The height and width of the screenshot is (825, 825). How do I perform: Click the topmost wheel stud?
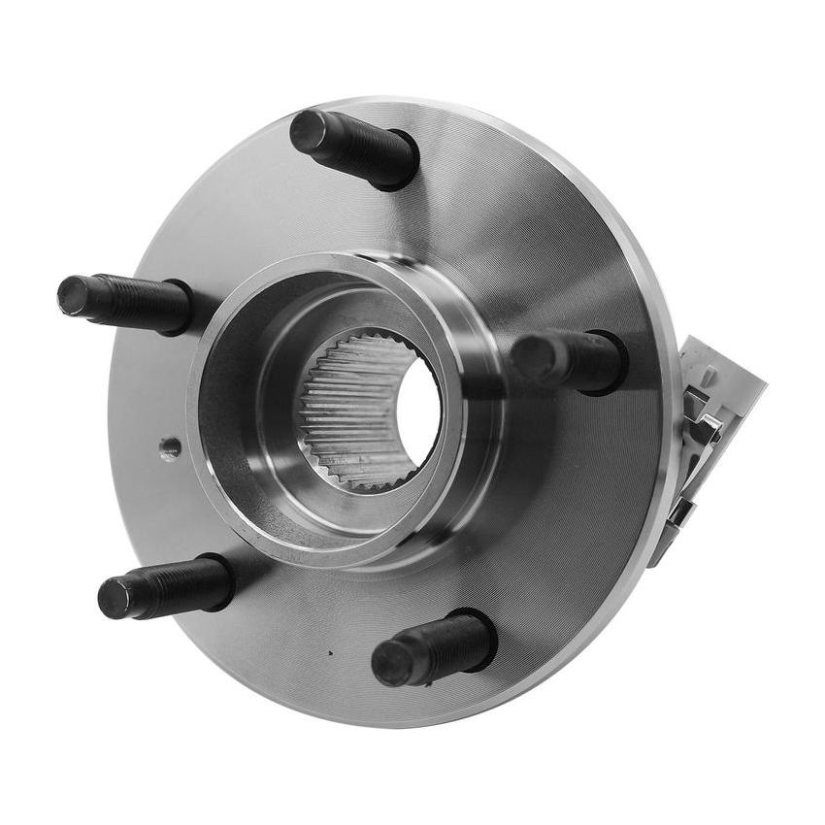point(354,148)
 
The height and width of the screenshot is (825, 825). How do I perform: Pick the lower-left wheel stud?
point(165,587)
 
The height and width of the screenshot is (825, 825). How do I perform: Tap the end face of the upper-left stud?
point(74,295)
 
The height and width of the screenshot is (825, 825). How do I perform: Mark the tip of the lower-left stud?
point(115,598)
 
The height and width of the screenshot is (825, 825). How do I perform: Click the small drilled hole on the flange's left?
point(170,448)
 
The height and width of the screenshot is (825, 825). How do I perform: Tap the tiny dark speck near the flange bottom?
point(330,653)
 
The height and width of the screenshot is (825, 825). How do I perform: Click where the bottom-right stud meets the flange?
point(480,636)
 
